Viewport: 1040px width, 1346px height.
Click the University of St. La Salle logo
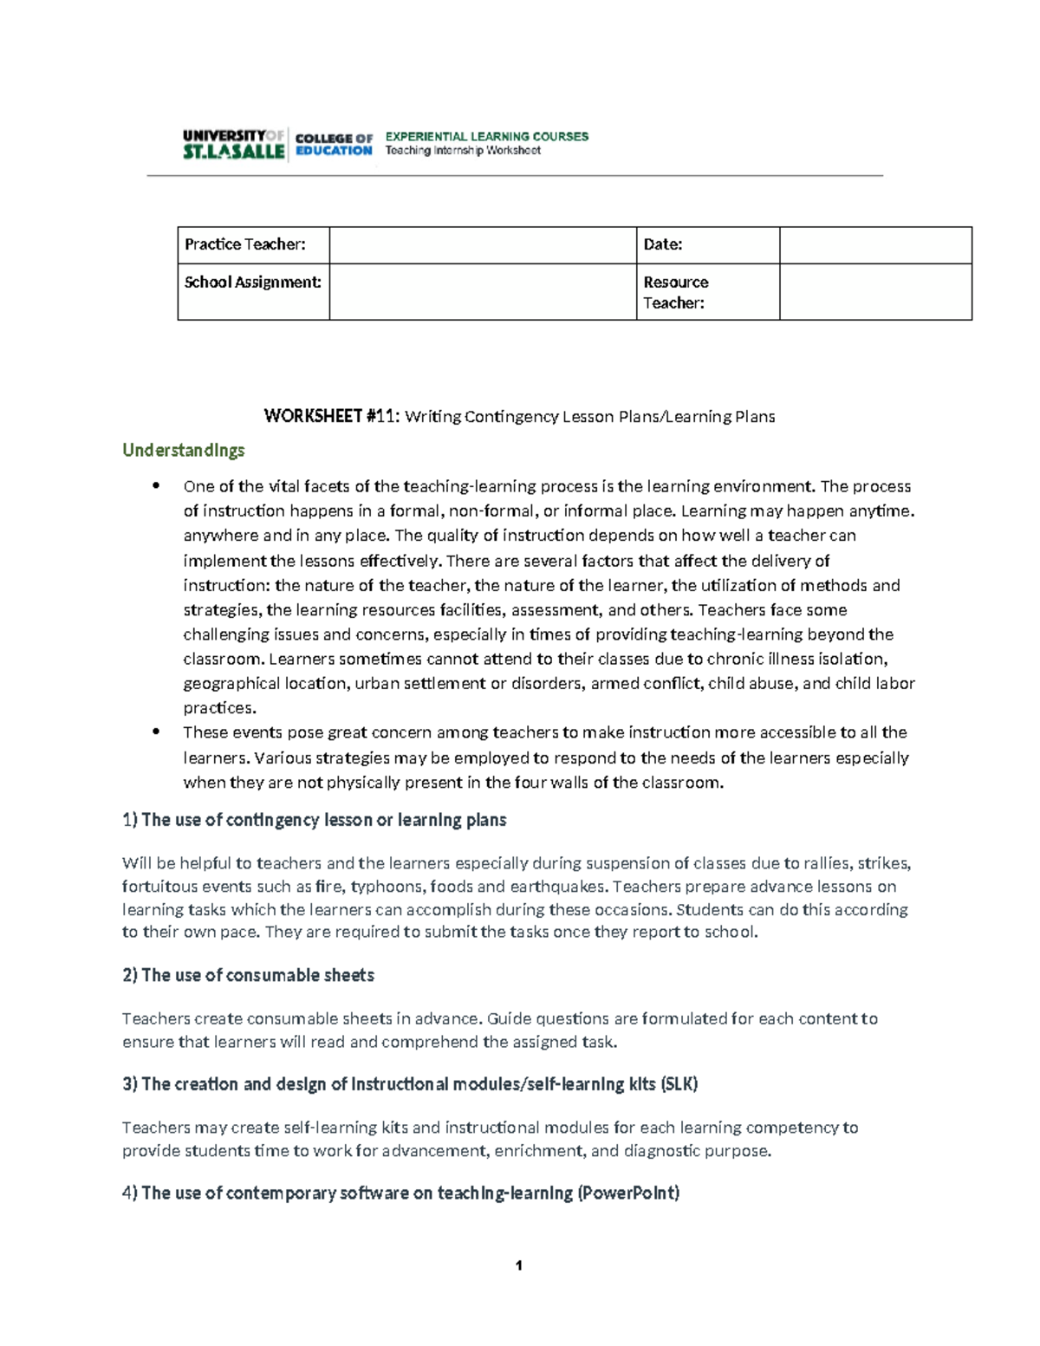233,144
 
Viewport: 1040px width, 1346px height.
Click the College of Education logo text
334,144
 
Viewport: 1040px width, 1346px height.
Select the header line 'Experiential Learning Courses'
486,136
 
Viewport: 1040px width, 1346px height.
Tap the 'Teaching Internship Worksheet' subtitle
463,151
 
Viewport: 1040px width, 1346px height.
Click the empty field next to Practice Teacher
483,245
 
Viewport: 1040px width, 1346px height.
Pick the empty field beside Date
875,245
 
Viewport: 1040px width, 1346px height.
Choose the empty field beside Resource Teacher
875,292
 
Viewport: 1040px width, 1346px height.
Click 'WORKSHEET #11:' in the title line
332,417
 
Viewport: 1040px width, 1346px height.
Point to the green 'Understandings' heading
184,450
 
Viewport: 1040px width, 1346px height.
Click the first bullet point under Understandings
156,486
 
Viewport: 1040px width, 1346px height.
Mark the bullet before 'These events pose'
156,732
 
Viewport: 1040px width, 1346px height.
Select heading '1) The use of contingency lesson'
315,820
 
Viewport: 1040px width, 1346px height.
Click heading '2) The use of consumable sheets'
249,975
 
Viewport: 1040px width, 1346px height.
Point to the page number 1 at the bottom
519,1266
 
